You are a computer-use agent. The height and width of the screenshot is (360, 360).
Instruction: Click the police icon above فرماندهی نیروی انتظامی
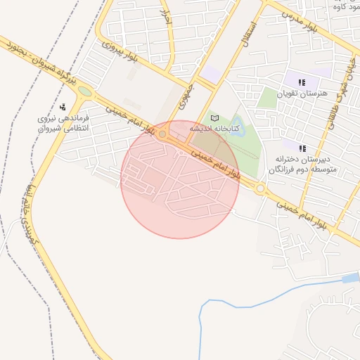click(x=63, y=107)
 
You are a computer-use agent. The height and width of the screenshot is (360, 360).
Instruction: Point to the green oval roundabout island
click(x=84, y=91)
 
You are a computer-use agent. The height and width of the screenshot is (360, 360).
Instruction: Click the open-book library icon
click(x=215, y=117)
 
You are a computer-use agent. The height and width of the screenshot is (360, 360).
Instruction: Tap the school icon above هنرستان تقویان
click(x=302, y=82)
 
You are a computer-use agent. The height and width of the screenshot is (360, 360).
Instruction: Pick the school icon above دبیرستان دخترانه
click(x=303, y=148)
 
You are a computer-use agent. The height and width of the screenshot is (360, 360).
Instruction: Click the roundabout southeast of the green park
click(x=261, y=188)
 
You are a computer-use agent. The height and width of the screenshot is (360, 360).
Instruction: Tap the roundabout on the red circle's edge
click(x=163, y=134)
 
